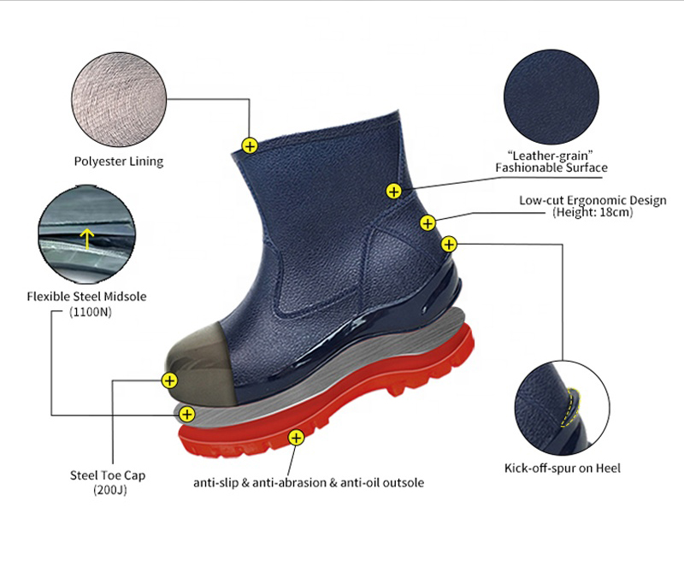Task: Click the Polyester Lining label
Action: [x=119, y=162]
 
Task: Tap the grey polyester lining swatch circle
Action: [x=119, y=99]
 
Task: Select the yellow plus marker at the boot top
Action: [x=250, y=145]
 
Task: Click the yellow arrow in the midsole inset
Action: [x=87, y=239]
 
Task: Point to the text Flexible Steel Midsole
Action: [x=87, y=297]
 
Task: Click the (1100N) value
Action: [x=91, y=312]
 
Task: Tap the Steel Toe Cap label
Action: [x=108, y=475]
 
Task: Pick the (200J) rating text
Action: [x=110, y=490]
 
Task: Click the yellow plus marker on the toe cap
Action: [x=169, y=380]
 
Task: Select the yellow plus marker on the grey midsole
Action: [x=187, y=415]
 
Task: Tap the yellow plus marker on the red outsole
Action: [x=296, y=438]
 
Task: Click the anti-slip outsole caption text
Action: [x=309, y=483]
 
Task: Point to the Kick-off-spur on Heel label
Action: [x=563, y=469]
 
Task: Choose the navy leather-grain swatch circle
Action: [x=551, y=97]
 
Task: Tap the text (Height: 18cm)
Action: [x=593, y=212]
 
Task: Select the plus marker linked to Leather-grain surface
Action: [x=393, y=191]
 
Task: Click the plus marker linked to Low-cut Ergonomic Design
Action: [x=427, y=223]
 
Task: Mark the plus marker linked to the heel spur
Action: [x=449, y=244]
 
